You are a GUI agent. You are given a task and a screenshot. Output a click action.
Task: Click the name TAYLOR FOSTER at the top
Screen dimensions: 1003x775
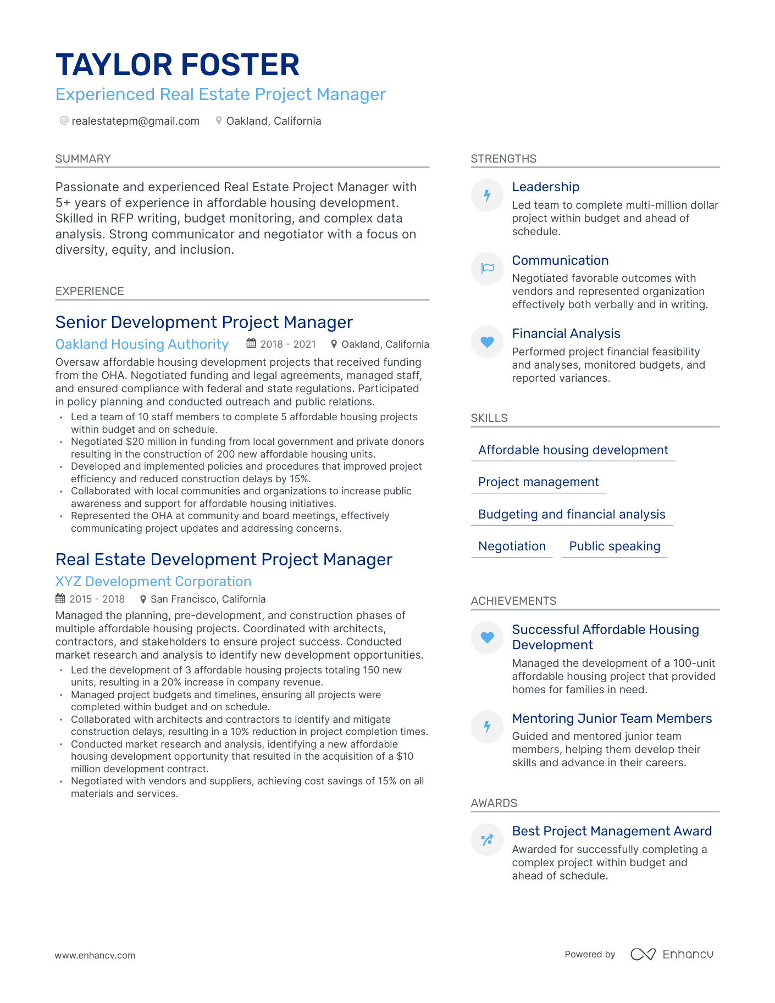pyautogui.click(x=177, y=65)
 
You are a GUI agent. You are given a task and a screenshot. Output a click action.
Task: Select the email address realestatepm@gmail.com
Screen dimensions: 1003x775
pyautogui.click(x=135, y=121)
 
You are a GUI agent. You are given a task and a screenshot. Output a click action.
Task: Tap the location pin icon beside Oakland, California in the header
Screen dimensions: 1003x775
pyautogui.click(x=219, y=121)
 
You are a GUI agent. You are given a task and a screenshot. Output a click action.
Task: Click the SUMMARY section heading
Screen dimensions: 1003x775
pyautogui.click(x=83, y=159)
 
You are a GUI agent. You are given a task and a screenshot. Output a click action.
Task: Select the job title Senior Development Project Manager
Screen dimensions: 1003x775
pyautogui.click(x=204, y=322)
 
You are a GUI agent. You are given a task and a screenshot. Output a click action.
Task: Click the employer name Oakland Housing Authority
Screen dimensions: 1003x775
pyautogui.click(x=142, y=344)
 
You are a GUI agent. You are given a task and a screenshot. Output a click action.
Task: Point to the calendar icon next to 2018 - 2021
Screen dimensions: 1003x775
pyautogui.click(x=251, y=344)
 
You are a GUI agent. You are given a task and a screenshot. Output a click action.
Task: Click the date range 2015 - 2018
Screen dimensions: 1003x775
pyautogui.click(x=97, y=599)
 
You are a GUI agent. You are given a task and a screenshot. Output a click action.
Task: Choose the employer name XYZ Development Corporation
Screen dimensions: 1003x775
pyautogui.click(x=153, y=582)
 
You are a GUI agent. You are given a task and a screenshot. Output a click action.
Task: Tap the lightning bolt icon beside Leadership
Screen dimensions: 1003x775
pyautogui.click(x=487, y=196)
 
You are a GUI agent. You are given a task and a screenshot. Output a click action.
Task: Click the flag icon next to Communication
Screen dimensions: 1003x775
pyautogui.click(x=487, y=269)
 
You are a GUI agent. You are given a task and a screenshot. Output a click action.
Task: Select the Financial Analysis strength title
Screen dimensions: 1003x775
pyautogui.click(x=566, y=333)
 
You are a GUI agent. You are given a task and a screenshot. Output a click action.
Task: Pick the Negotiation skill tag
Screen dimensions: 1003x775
pyautogui.click(x=512, y=546)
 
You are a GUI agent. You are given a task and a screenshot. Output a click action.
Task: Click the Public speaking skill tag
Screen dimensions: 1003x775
pyautogui.click(x=615, y=546)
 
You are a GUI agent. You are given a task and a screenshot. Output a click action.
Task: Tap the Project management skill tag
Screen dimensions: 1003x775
pyautogui.click(x=538, y=482)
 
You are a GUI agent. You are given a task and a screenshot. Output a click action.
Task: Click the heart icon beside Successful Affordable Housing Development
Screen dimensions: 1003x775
pyautogui.click(x=487, y=638)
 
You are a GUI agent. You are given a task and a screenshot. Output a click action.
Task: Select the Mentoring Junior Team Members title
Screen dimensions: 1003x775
pyautogui.click(x=612, y=718)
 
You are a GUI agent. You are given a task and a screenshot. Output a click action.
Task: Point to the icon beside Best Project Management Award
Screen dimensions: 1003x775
pyautogui.click(x=487, y=840)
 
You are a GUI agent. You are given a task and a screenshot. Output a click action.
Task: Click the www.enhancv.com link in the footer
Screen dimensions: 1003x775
pyautogui.click(x=95, y=955)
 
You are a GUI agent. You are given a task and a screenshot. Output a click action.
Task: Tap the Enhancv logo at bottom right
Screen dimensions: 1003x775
pyautogui.click(x=672, y=954)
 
